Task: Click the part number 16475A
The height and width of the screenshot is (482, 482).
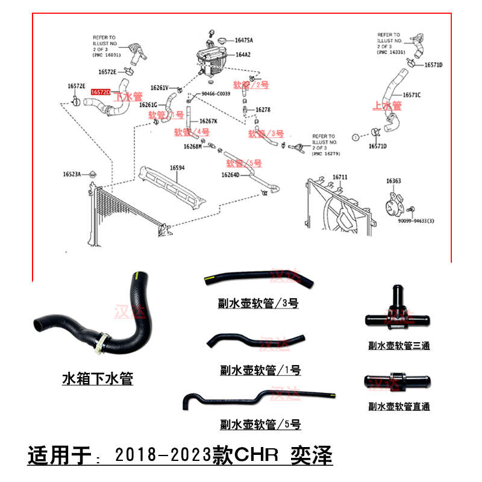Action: click(244, 40)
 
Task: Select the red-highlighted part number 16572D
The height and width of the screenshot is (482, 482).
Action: click(101, 92)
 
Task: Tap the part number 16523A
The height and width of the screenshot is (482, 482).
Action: click(71, 175)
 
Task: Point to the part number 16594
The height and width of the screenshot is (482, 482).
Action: click(177, 167)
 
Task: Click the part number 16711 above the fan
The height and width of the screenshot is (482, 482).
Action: click(340, 177)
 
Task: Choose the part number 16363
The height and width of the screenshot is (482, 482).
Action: click(393, 180)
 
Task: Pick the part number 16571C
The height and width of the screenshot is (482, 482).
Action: click(412, 95)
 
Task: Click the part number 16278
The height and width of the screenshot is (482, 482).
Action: click(263, 110)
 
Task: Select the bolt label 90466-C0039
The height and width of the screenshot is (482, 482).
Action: click(216, 94)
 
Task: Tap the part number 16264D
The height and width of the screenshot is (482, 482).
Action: click(230, 175)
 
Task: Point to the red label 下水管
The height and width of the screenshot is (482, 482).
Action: click(128, 96)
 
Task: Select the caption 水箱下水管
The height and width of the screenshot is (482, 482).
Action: click(98, 378)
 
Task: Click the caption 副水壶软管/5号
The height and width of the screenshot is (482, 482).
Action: click(260, 424)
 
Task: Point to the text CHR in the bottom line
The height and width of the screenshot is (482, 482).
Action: click(260, 455)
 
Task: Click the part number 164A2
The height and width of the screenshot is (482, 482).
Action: click(243, 54)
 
